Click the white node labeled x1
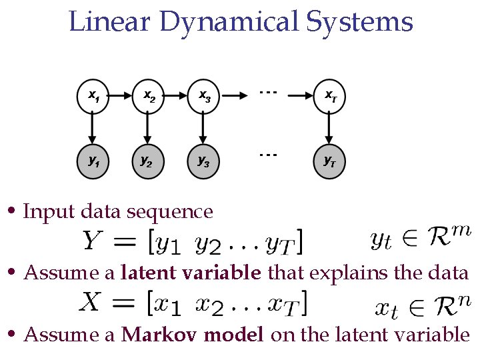click(x=93, y=97)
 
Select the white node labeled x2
click(x=149, y=97)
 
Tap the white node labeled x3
click(x=205, y=97)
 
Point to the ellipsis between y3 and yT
click(x=268, y=155)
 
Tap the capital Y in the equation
click(x=93, y=241)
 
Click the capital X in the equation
click(x=90, y=303)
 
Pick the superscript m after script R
click(x=460, y=231)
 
